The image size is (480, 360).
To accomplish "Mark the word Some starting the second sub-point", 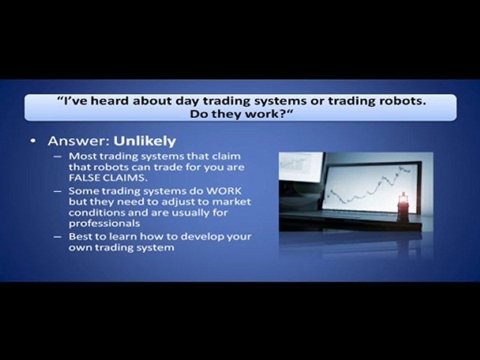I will click(x=80, y=191).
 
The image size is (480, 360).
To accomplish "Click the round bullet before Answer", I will click(x=33, y=142).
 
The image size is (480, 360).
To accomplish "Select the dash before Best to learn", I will click(x=58, y=236).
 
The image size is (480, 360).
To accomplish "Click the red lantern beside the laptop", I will click(x=402, y=206).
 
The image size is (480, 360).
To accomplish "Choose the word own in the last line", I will click(x=80, y=247).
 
